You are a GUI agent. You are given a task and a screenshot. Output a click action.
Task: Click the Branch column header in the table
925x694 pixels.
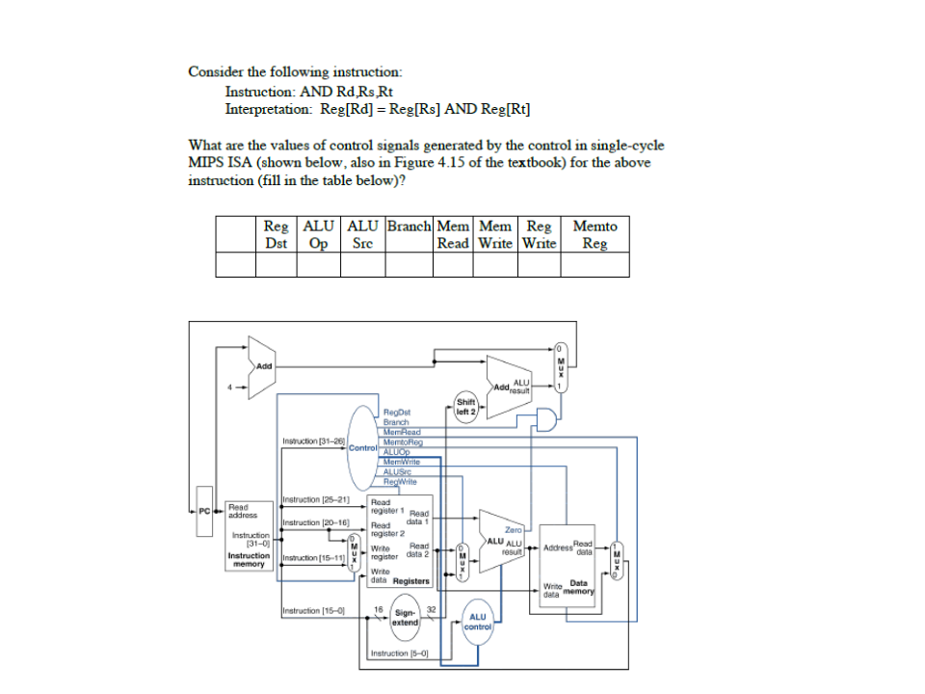point(410,227)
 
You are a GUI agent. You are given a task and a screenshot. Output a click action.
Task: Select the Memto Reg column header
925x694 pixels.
point(595,234)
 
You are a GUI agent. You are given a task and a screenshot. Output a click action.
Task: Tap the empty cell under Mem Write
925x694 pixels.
point(495,264)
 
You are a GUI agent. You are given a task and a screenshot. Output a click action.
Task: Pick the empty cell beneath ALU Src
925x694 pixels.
point(362,264)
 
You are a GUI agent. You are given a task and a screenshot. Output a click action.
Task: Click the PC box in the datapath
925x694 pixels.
point(203,510)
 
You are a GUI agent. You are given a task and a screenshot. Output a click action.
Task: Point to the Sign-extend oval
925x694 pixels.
point(406,617)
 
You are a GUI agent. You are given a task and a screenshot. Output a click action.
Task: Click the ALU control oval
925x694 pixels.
point(478,622)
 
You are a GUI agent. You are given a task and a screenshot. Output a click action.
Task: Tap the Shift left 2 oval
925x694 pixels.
point(465,407)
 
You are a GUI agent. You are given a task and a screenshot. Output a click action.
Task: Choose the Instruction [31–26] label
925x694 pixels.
point(313,440)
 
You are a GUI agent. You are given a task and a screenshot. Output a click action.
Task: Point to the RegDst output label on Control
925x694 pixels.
point(396,413)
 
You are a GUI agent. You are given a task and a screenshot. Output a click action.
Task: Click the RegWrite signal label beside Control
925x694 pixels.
point(400,481)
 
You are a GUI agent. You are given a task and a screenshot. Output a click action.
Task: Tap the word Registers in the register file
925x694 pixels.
point(411,581)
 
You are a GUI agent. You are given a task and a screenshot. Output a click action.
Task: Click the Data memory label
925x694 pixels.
point(579,587)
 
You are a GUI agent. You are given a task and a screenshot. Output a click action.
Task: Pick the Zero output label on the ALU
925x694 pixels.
point(513,530)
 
